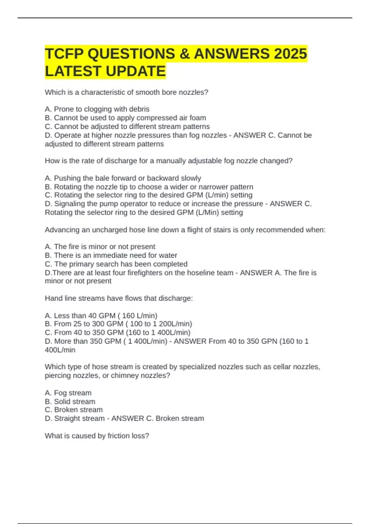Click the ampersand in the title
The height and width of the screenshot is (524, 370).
184,54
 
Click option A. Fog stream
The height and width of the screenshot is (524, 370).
68,393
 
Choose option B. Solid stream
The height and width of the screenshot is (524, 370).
70,402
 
